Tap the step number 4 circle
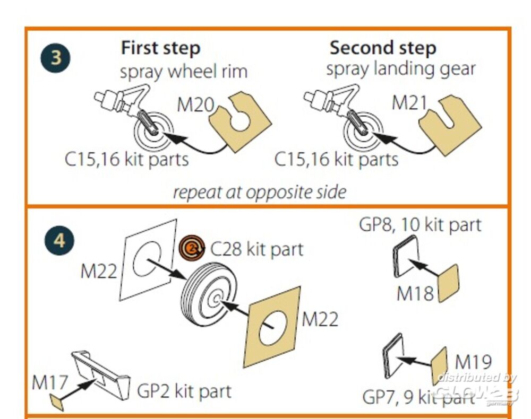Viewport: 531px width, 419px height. pyautogui.click(x=58, y=241)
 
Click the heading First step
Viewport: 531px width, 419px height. pyautogui.click(x=160, y=48)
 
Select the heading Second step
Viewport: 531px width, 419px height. pyautogui.click(x=382, y=48)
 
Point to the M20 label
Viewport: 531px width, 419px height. pyautogui.click(x=194, y=105)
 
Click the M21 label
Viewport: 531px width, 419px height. pyautogui.click(x=409, y=103)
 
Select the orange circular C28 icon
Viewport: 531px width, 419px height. pyautogui.click(x=192, y=248)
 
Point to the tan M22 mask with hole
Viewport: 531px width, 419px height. pyautogui.click(x=271, y=329)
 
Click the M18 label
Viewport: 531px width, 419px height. pyautogui.click(x=415, y=293)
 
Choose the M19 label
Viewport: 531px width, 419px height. pyautogui.click(x=474, y=362)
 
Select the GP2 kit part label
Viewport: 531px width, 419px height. pyautogui.click(x=184, y=391)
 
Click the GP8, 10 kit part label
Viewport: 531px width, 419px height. pyautogui.click(x=420, y=224)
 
